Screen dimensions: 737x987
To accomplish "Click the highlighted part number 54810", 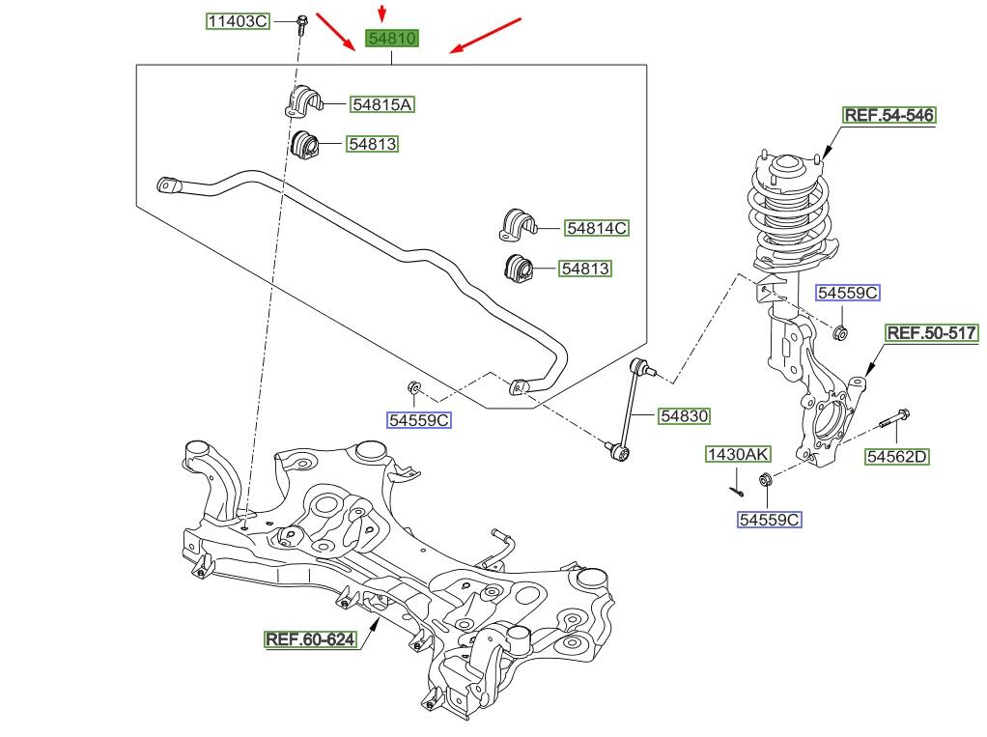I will tap(391, 40).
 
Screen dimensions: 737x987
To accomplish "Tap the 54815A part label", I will tap(382, 103).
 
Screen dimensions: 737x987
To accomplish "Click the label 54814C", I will tap(597, 228).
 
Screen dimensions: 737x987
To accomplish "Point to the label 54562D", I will tap(896, 457).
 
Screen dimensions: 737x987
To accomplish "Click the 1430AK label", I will tap(738, 454).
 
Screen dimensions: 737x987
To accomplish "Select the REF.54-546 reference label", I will tap(889, 116).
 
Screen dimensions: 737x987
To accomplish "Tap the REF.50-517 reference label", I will tap(932, 333).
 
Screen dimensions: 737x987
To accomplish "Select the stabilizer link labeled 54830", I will tap(631, 406).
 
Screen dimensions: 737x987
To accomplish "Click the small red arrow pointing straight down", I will tap(382, 14).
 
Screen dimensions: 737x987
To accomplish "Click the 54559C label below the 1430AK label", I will tap(770, 520).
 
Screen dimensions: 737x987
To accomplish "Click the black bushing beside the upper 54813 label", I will tap(305, 145).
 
